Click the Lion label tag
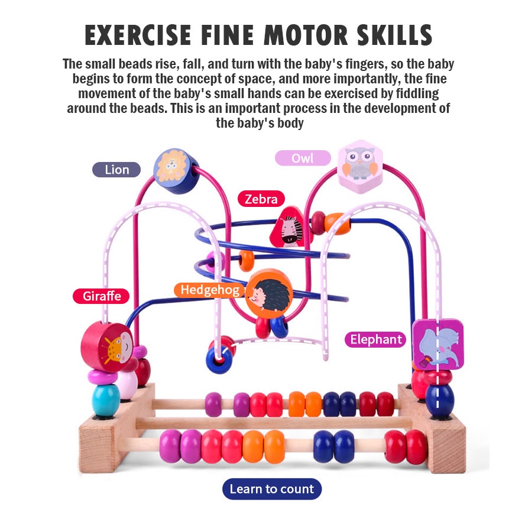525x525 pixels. point(116,170)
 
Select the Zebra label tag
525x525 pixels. point(261,199)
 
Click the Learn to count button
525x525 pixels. point(272,489)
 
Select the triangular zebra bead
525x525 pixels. point(290,228)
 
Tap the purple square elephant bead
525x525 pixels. point(437,345)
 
